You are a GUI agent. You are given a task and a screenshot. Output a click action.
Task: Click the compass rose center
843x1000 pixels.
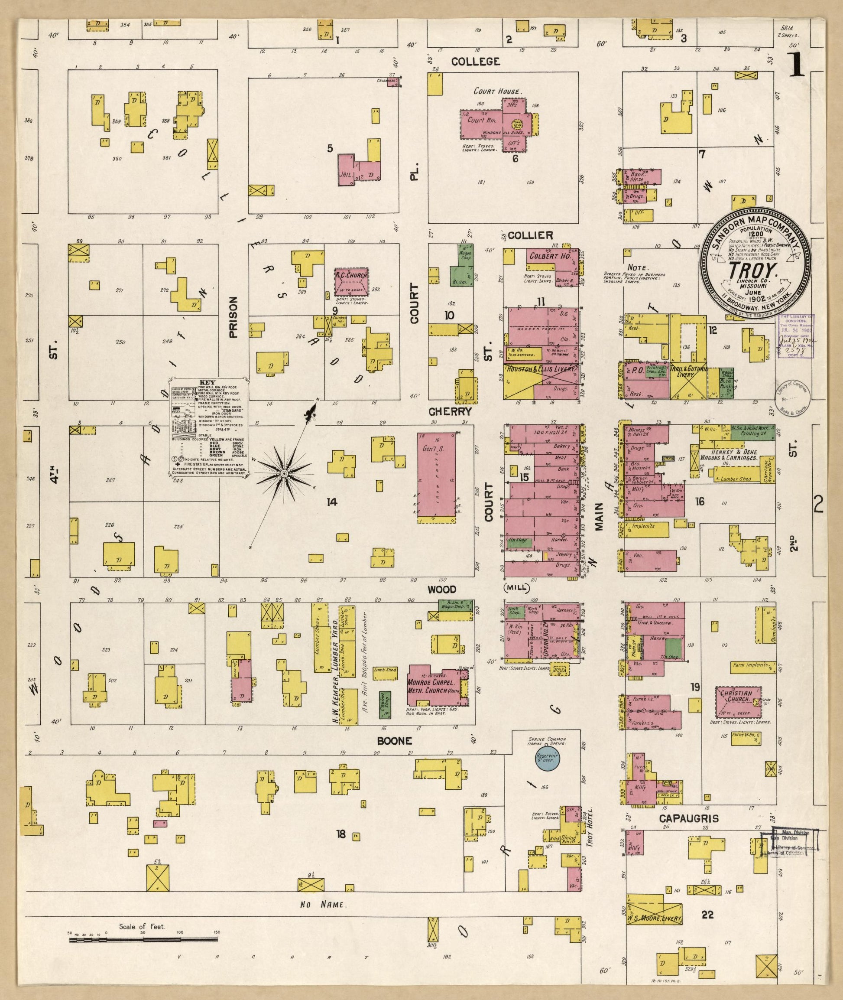283,473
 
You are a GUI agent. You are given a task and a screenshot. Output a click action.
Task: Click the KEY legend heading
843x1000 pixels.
208,383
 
